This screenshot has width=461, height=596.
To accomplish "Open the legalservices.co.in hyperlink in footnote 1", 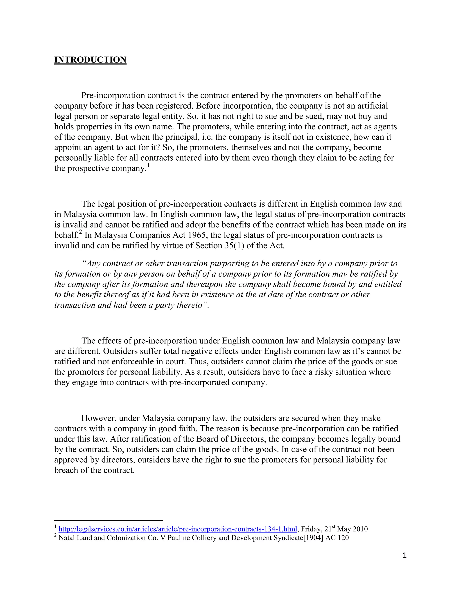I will (x=178, y=529).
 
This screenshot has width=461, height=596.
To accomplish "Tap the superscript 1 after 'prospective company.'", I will (x=148, y=165).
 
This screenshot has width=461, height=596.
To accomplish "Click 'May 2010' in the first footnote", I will (x=352, y=529).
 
